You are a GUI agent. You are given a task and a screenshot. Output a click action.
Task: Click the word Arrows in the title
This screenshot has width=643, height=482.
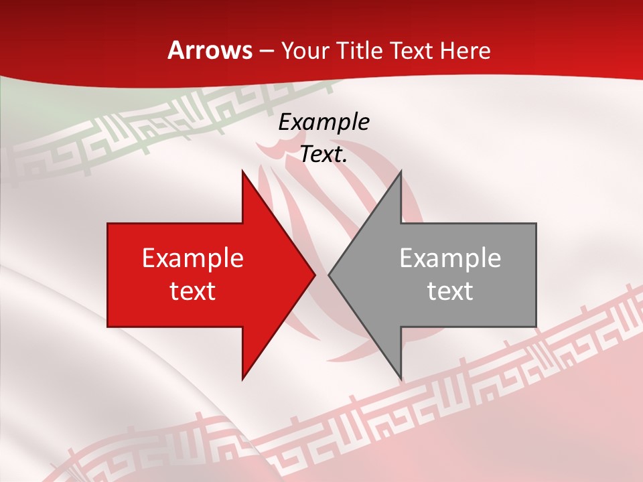(x=210, y=50)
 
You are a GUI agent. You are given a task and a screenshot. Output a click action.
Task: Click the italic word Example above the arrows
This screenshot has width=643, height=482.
(x=324, y=122)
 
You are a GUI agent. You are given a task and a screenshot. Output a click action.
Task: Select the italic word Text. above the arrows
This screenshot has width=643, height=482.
(x=324, y=154)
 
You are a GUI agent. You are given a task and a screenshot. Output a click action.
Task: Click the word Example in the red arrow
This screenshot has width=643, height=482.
(x=193, y=258)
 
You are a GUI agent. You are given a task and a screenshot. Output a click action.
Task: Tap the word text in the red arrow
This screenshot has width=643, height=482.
(x=193, y=291)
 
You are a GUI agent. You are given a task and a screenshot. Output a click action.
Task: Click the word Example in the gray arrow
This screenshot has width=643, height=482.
(x=450, y=258)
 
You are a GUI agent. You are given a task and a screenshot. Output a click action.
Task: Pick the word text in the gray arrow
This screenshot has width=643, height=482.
(x=450, y=291)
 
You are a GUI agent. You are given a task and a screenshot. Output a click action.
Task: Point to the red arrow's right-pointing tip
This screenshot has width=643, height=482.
(x=315, y=274)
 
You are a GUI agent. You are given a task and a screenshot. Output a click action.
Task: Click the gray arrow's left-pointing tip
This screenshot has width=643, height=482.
(x=329, y=274)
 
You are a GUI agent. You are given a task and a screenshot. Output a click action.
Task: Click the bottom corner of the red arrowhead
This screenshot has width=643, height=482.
(x=242, y=380)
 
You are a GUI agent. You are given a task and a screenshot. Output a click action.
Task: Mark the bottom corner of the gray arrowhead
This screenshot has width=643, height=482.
(x=401, y=380)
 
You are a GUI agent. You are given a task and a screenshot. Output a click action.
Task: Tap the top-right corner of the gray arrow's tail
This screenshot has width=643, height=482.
(x=536, y=224)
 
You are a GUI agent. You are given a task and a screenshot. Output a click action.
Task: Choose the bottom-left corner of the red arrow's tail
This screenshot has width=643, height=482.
(x=108, y=327)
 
